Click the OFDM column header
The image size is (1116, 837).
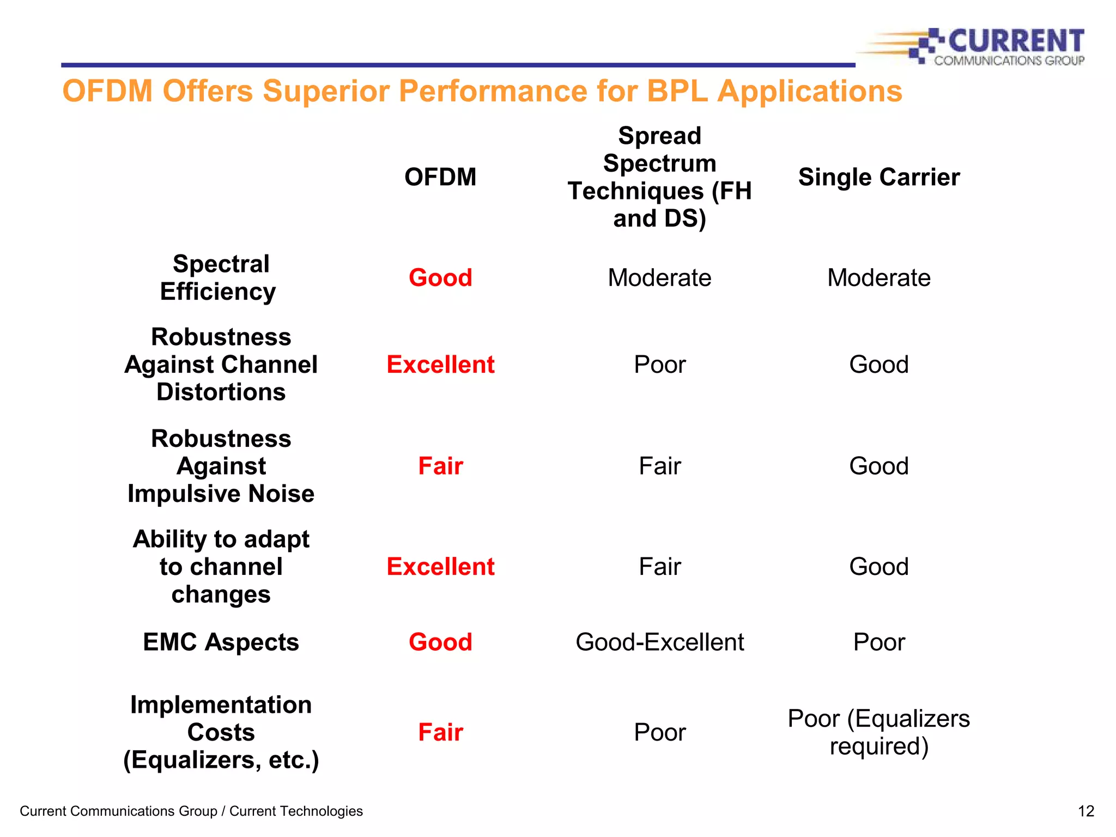point(440,177)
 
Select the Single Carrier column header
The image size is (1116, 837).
point(878,177)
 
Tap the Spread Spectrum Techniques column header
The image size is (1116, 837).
point(659,177)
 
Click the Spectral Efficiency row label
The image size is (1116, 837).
point(220,278)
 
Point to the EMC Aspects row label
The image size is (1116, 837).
point(221,642)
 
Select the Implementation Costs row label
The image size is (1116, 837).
point(221,732)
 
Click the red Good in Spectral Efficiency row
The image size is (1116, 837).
point(440,278)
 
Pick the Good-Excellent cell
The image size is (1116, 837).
point(659,642)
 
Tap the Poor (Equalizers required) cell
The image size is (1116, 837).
point(878,732)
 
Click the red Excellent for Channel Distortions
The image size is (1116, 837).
point(440,365)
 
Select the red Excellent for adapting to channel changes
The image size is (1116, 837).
point(440,567)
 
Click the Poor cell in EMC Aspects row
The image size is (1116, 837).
point(878,642)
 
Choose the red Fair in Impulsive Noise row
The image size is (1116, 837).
point(440,466)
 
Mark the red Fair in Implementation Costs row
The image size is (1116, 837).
point(440,732)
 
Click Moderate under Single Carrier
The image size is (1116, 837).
point(878,278)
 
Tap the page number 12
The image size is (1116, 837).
point(1085,811)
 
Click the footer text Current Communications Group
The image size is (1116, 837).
point(118,811)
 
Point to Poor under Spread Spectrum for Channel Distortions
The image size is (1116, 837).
point(659,365)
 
